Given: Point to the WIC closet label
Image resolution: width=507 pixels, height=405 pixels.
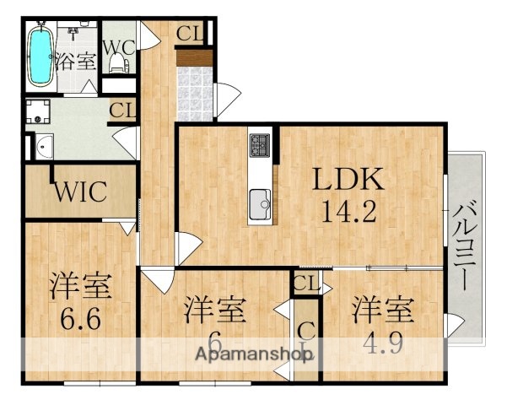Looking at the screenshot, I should tap(80, 192).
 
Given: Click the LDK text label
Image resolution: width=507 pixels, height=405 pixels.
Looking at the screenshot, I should tap(348, 179).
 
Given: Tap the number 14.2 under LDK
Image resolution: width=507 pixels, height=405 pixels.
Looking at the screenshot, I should tap(348, 210).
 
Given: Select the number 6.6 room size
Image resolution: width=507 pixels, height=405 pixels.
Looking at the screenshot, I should tap(79, 320).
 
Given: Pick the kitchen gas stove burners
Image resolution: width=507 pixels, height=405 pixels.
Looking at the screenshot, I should tap(260, 146).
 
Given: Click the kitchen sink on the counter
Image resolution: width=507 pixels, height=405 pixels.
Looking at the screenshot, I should tap(261, 203).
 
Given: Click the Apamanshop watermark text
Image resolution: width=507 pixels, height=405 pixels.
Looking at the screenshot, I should tap(253, 354).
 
